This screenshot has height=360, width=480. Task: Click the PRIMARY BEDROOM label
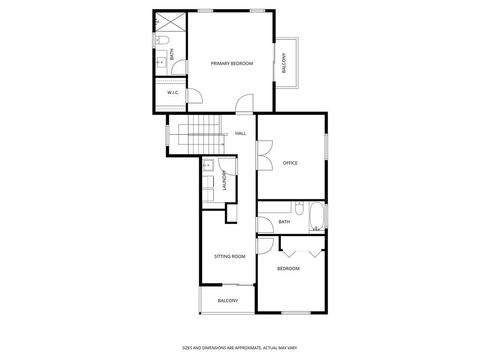pyautogui.click(x=231, y=63)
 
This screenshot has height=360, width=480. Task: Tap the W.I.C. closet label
pyautogui.click(x=172, y=93)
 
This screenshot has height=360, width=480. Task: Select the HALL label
pyautogui.click(x=240, y=133)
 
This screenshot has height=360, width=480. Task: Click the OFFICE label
pyautogui.click(x=290, y=162)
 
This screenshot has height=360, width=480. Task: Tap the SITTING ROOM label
pyautogui.click(x=229, y=256)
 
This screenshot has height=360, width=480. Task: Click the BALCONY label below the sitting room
pyautogui.click(x=228, y=300)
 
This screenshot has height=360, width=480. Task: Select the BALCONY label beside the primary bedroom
pyautogui.click(x=284, y=63)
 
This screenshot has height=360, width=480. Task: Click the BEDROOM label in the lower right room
pyautogui.click(x=288, y=268)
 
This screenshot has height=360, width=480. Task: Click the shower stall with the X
pyautogui.click(x=170, y=21)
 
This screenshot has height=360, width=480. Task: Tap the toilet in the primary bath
pyautogui.click(x=163, y=41)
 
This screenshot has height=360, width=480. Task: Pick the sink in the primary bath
pyautogui.click(x=162, y=61)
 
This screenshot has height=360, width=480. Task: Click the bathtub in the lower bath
pyautogui.click(x=316, y=218)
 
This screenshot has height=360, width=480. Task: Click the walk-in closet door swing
pyautogui.click(x=195, y=97)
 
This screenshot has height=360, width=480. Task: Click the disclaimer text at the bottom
pyautogui.click(x=240, y=349)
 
